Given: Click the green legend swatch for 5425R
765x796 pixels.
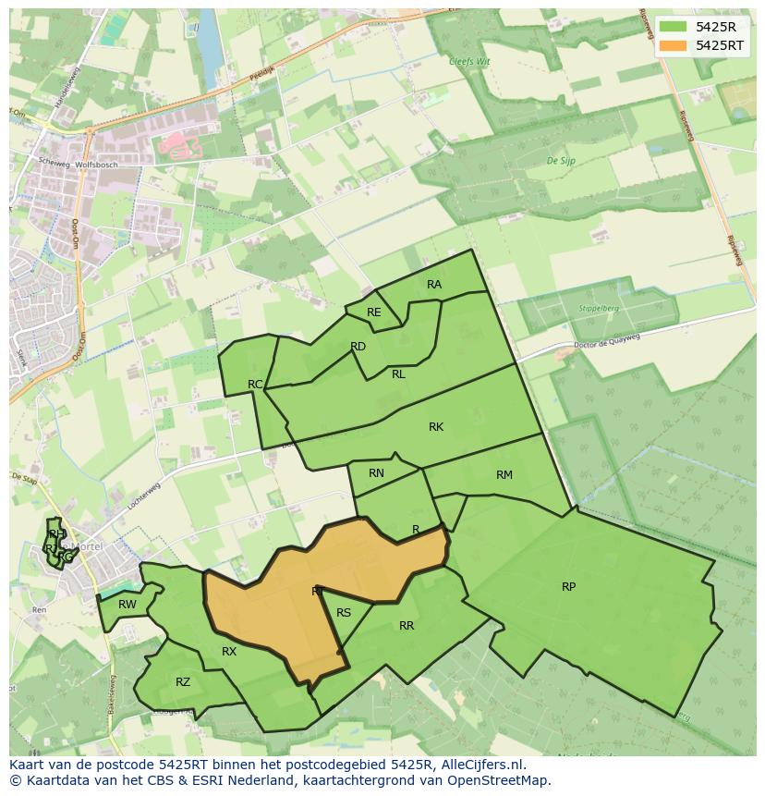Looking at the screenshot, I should pyautogui.click(x=673, y=26).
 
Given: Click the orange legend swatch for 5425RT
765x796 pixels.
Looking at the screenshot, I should pyautogui.click(x=673, y=45).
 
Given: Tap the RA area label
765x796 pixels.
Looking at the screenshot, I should pyautogui.click(x=434, y=285).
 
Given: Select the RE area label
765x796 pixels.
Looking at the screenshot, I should pyautogui.click(x=373, y=312).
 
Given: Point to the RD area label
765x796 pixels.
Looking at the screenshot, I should pyautogui.click(x=358, y=347).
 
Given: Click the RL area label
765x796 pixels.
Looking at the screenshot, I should pyautogui.click(x=398, y=374).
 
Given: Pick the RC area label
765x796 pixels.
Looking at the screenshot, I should pyautogui.click(x=255, y=385).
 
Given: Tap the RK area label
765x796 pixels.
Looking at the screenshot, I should pyautogui.click(x=436, y=427).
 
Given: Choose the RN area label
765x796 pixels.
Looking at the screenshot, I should pyautogui.click(x=376, y=473).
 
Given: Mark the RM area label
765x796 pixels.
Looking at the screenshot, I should pyautogui.click(x=504, y=475).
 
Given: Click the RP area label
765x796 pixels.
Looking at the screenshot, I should pyautogui.click(x=568, y=587).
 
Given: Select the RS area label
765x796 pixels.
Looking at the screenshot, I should pyautogui.click(x=344, y=613).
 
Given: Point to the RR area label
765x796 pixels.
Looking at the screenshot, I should pyautogui.click(x=407, y=626).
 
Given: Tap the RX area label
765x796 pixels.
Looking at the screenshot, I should pyautogui.click(x=229, y=652).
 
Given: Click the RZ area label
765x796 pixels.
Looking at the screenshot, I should pyautogui.click(x=183, y=682).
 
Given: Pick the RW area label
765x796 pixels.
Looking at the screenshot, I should pyautogui.click(x=127, y=605).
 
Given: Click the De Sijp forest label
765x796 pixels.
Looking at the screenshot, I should pyautogui.click(x=561, y=161).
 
